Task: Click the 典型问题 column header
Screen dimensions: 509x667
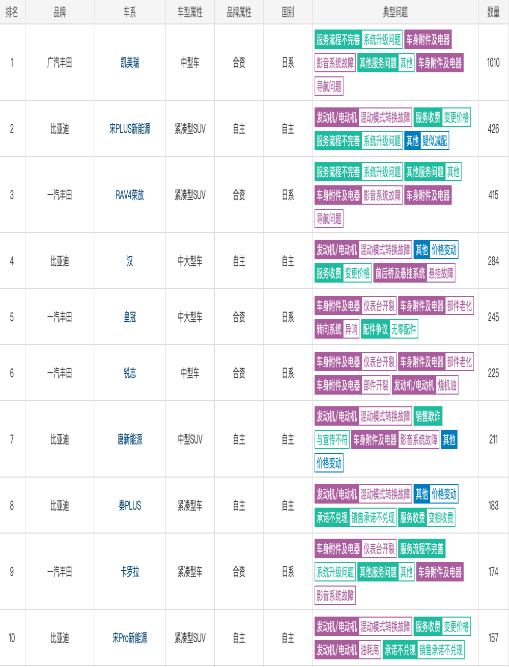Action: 395,12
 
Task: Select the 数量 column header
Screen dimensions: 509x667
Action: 493,12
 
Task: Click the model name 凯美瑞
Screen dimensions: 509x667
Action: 130,63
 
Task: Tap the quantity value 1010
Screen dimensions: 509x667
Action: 493,63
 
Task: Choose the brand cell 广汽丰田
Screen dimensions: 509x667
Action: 60,63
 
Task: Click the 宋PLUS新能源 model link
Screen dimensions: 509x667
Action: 130,129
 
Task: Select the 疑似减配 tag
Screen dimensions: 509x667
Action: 435,141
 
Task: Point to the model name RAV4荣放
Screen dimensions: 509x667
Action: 130,195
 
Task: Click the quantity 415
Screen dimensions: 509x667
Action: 493,195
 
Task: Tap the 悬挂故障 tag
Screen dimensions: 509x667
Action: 441,273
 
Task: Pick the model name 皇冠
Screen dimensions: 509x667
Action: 130,317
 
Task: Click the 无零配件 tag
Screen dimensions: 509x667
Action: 404,329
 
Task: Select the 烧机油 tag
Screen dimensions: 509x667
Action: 447,385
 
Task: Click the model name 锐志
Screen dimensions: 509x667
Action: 130,373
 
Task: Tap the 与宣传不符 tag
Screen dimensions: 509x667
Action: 332,439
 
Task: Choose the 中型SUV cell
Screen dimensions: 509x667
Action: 190,439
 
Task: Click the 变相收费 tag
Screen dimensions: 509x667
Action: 441,517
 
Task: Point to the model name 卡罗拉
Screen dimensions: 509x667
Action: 130,572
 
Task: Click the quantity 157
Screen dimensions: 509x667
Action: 493,638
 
